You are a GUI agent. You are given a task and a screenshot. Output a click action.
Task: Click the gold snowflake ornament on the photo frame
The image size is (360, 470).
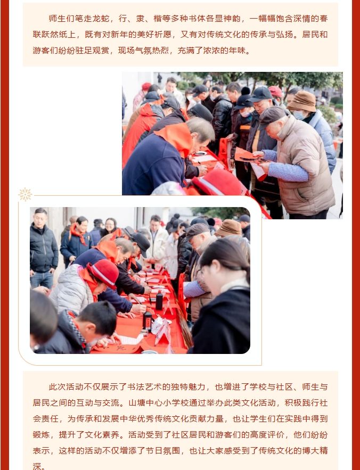[x=25, y=194]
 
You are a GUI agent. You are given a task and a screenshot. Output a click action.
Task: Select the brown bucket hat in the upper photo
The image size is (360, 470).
[x=302, y=101]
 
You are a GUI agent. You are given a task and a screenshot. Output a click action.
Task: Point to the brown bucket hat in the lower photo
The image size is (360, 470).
[x=229, y=228]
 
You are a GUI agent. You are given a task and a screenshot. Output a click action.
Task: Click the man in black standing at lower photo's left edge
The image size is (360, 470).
[x=43, y=249]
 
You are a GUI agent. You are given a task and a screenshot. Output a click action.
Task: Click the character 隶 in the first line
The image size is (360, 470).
[x=140, y=19]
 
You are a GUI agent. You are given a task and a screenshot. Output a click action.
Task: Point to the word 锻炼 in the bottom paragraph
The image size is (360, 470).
[x=42, y=435]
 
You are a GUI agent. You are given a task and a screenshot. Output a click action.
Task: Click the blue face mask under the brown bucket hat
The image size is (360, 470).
[x=299, y=115]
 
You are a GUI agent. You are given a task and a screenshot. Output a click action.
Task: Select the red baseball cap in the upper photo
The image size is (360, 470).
[x=276, y=91]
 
